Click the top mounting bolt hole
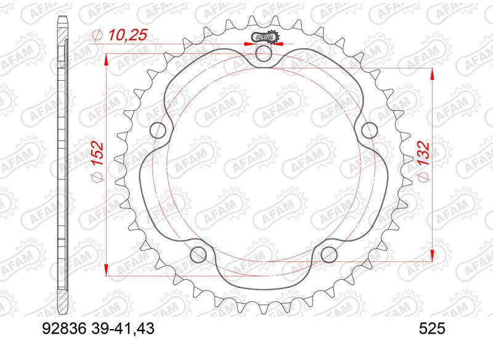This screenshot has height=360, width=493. tap(264, 54)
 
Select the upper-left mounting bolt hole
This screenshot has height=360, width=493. tap(158, 130)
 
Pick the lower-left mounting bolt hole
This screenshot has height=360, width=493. tap(198, 253)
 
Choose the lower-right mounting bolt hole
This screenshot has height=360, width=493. tap(329, 253)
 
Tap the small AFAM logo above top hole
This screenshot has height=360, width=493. tap(264, 38)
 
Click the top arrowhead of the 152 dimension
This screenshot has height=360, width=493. tap(107, 59)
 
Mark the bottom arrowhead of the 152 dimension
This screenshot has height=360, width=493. tap(107, 270)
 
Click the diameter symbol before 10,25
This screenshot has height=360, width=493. tap(96, 37)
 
